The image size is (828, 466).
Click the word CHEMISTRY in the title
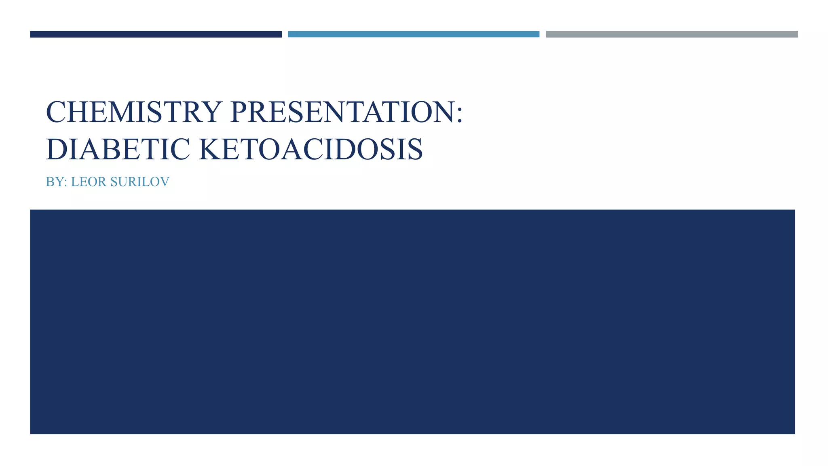tap(134, 112)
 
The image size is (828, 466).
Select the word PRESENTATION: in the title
tap(346, 112)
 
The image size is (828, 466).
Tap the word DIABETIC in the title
tap(118, 149)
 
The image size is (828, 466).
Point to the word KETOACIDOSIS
tap(310, 149)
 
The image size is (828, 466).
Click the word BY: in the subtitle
tap(56, 182)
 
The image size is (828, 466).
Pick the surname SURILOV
tap(140, 182)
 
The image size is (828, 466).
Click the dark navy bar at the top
tap(156, 34)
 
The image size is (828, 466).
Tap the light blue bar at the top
tap(413, 34)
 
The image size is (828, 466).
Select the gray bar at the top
tap(672, 34)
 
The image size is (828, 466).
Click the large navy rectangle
tap(412, 322)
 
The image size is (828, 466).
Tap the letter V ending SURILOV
tap(165, 182)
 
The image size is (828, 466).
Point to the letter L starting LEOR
tap(74, 182)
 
